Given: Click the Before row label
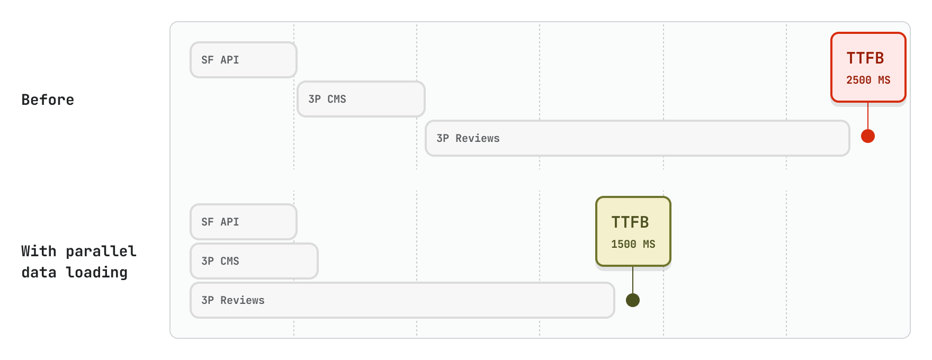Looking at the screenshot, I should (48, 100).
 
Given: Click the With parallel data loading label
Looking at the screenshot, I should (78, 262).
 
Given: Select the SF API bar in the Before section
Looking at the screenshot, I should (244, 60).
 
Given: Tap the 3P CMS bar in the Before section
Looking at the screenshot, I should (361, 99).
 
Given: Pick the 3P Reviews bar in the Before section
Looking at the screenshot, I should (638, 138).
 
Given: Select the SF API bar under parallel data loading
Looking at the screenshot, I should (244, 222).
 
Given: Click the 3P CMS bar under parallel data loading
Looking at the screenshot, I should (254, 261).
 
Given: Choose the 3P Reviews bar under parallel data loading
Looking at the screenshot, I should (402, 300).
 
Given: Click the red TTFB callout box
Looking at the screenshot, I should (868, 67).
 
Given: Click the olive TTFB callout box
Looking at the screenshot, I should (633, 231).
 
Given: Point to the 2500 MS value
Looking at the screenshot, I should (868, 80).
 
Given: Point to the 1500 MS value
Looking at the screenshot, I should (633, 245).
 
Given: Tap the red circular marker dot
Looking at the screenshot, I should (868, 136).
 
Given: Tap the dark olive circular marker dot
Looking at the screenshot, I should (633, 300).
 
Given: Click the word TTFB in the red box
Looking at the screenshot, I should (865, 58).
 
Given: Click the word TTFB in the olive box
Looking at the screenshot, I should (630, 222).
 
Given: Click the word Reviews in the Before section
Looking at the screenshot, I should (478, 138).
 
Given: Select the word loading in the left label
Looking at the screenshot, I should (96, 272).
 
